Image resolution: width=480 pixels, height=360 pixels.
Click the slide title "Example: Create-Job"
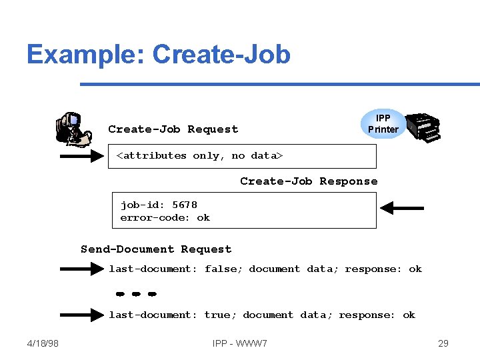(159, 54)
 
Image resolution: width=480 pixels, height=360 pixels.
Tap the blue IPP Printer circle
(383, 123)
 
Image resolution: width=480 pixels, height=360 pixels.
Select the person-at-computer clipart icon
(73, 129)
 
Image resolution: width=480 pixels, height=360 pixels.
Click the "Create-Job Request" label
(173, 129)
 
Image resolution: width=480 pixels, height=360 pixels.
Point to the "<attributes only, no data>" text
(200, 155)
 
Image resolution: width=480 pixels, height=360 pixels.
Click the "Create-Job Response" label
(309, 181)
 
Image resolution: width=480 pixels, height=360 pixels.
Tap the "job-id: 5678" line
(159, 205)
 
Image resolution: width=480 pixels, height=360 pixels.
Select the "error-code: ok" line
(165, 217)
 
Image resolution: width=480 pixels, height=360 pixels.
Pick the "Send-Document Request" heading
(156, 249)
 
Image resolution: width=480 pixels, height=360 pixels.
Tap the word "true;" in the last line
(220, 315)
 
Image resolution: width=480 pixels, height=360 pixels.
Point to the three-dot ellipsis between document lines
(135, 293)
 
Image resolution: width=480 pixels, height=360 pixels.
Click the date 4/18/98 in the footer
(43, 343)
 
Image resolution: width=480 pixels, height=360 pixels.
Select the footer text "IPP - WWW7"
(240, 343)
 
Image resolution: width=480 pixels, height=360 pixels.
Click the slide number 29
(443, 343)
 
